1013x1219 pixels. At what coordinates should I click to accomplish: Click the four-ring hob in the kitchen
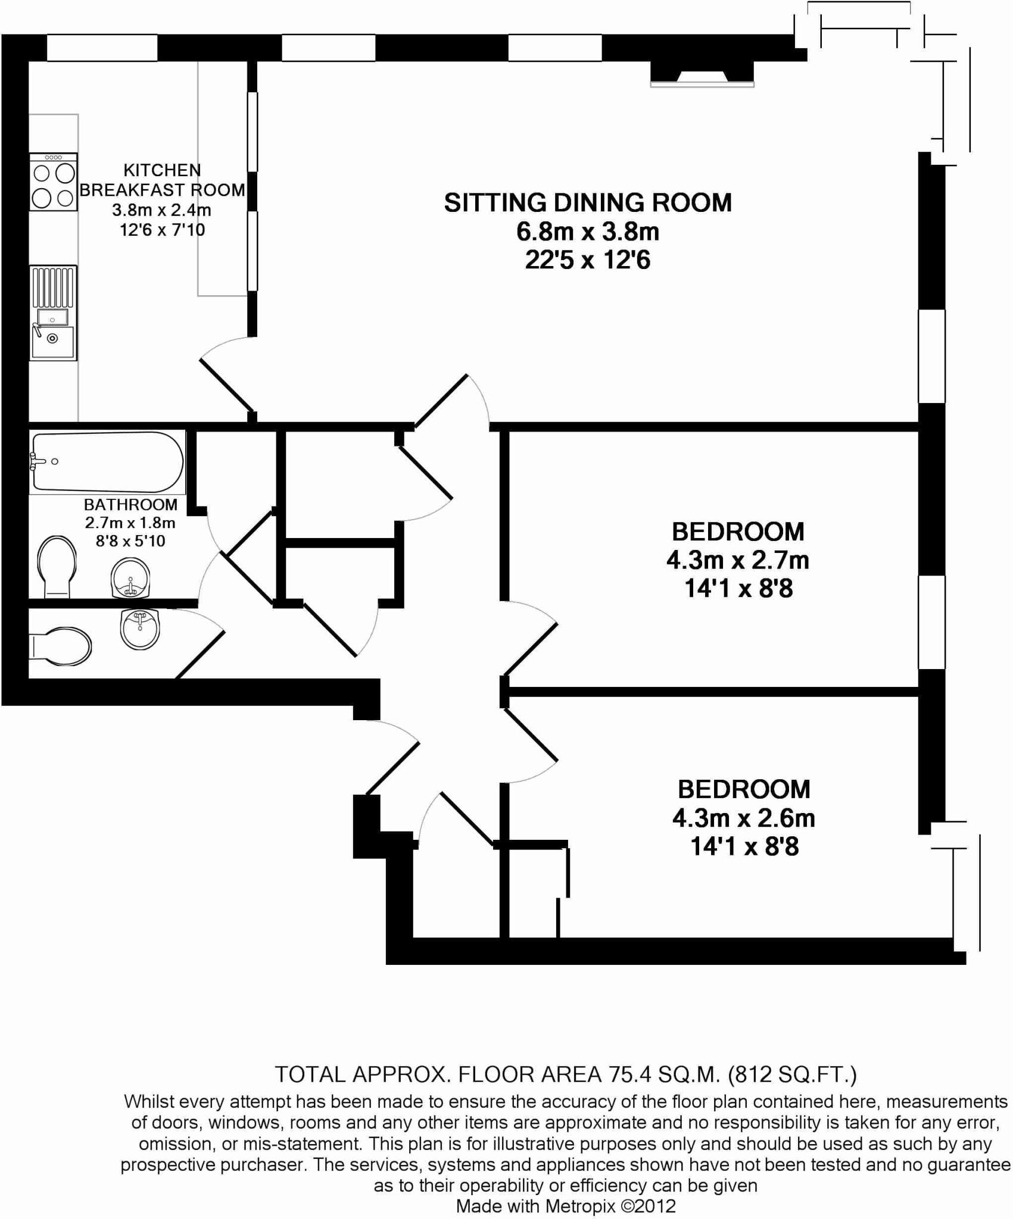pyautogui.click(x=54, y=182)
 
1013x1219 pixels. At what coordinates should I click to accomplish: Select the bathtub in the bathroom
pyautogui.click(x=107, y=461)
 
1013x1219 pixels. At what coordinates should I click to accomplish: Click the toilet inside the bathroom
pyautogui.click(x=56, y=566)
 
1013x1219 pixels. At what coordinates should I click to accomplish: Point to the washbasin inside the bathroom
pyautogui.click(x=130, y=578)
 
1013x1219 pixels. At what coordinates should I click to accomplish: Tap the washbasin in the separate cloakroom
pyautogui.click(x=140, y=629)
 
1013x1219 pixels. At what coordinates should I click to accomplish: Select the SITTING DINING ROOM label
pyautogui.click(x=588, y=203)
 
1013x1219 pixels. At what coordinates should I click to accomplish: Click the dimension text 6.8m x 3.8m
pyautogui.click(x=588, y=232)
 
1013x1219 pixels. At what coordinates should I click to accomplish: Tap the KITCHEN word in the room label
pyautogui.click(x=162, y=170)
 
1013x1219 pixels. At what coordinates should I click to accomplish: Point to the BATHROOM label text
pyautogui.click(x=130, y=505)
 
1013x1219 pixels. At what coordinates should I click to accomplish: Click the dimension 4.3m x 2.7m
pyautogui.click(x=738, y=560)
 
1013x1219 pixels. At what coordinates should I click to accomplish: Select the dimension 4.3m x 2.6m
pyautogui.click(x=744, y=818)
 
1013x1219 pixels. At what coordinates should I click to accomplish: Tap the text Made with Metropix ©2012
pyautogui.click(x=566, y=1207)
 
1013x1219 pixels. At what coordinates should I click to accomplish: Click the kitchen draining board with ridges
pyautogui.click(x=54, y=287)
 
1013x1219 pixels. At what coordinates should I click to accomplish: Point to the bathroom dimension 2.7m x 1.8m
pyautogui.click(x=130, y=523)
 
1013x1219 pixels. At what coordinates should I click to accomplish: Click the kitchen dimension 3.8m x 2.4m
pyautogui.click(x=162, y=210)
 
